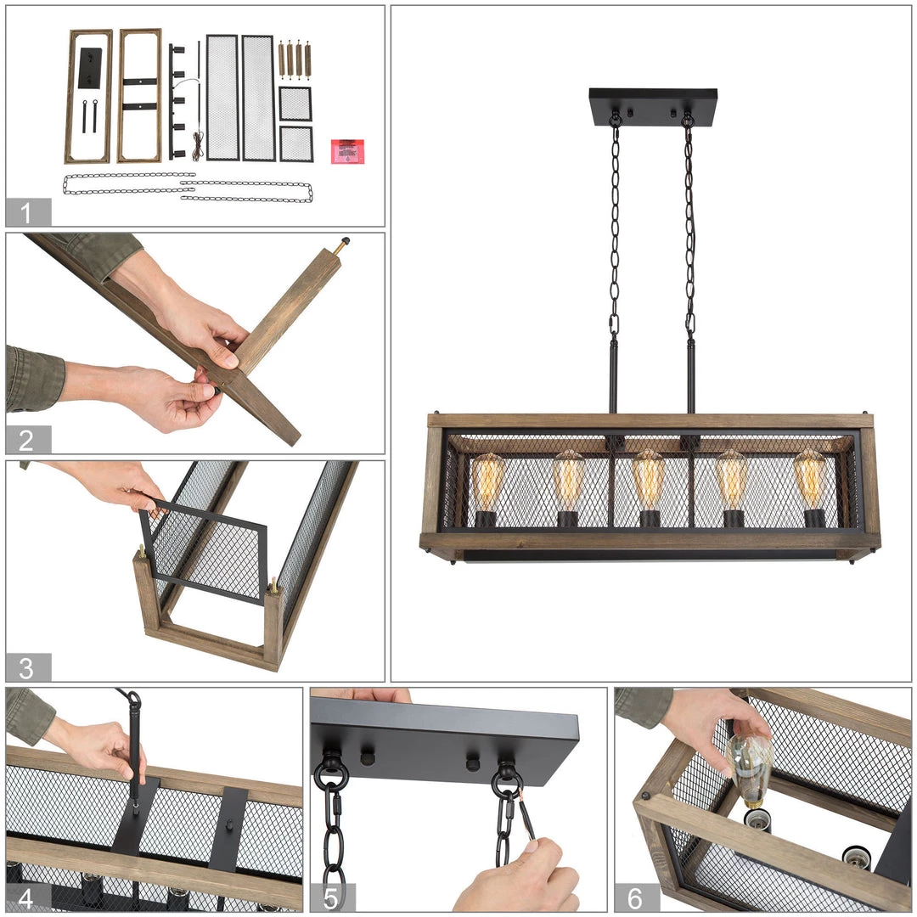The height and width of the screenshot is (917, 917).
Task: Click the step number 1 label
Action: [25, 213]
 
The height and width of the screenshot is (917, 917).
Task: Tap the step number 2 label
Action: [26, 440]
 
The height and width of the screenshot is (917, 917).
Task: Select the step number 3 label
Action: [26, 668]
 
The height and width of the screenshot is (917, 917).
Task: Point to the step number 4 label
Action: [26, 897]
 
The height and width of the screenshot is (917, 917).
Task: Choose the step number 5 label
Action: [330, 897]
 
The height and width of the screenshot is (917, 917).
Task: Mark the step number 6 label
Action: [635, 897]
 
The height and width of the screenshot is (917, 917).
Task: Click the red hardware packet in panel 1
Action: [347, 151]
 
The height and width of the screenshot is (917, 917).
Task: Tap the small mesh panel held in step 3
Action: [203, 549]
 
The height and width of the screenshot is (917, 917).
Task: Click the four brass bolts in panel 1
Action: [294, 59]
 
